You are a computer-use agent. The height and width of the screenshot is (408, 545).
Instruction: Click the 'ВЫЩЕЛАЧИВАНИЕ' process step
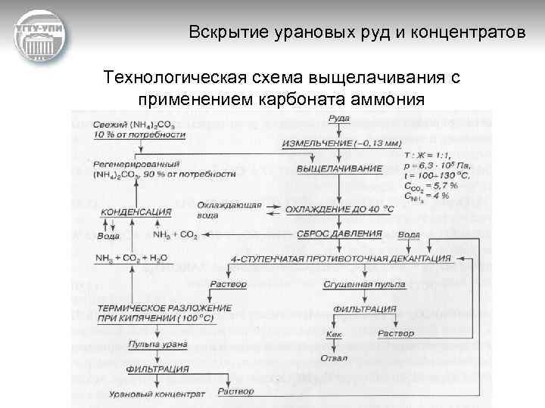(340, 168)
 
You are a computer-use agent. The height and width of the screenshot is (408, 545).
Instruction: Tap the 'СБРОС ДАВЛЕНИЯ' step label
(338, 233)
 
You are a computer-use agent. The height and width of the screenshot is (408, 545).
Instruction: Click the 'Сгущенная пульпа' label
(363, 285)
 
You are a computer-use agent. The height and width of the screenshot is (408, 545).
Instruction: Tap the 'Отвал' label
(334, 357)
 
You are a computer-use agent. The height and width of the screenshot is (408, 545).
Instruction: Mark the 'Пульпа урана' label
(151, 344)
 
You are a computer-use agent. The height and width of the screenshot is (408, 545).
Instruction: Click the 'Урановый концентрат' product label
(147, 394)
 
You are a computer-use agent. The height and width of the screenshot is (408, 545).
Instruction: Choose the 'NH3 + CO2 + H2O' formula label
(131, 258)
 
